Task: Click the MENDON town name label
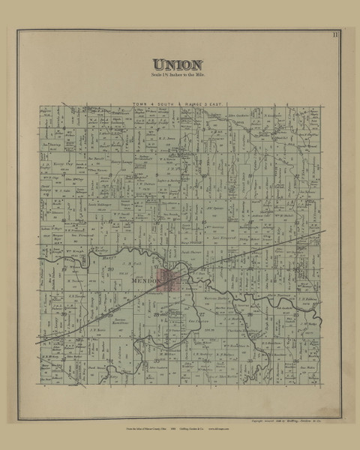pos(142,282)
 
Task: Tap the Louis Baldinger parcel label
pos(98,203)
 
